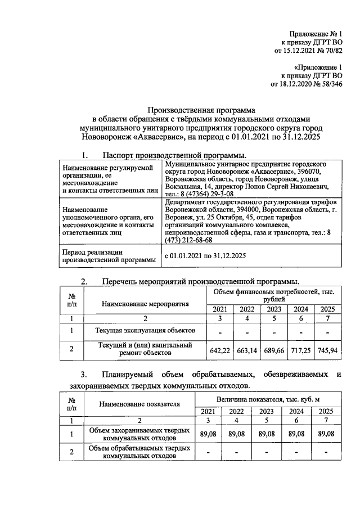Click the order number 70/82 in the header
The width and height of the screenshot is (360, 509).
(331, 51)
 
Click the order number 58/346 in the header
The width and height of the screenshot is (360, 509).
(328, 84)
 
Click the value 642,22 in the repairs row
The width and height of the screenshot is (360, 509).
(220, 350)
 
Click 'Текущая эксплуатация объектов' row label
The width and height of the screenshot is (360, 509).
(144, 330)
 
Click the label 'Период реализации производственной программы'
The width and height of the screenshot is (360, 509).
(107, 256)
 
